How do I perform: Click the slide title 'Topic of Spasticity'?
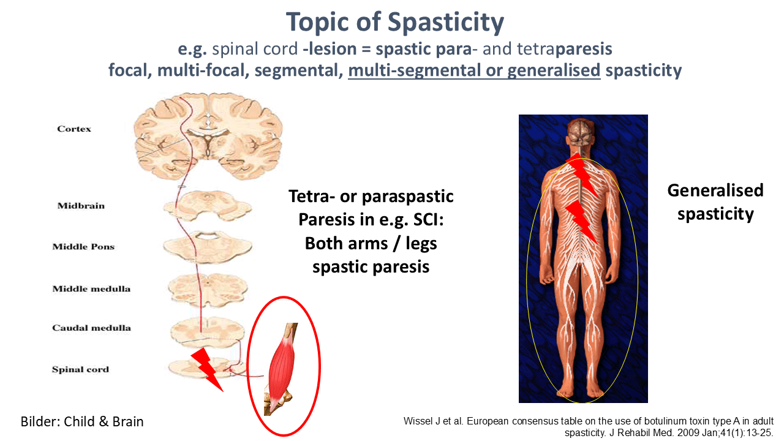coord(395,22)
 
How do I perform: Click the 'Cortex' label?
coord(74,129)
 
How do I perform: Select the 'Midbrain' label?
coord(81,205)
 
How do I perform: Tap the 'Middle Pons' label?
coord(83,246)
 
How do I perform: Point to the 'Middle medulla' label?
coord(91,288)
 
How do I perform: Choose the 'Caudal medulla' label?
coord(91,328)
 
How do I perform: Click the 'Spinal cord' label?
coord(80,369)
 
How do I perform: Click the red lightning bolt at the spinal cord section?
coord(206,369)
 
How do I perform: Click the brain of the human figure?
coord(579,132)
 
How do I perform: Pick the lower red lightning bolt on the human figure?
coord(581,222)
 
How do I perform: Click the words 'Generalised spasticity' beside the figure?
coord(715,202)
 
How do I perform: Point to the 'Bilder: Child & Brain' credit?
coord(82,421)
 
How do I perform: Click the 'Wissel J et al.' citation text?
coord(589,427)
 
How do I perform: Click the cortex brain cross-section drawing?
coord(208,136)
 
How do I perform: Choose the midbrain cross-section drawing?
coord(207,206)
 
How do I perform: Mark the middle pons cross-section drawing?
coord(207,247)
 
